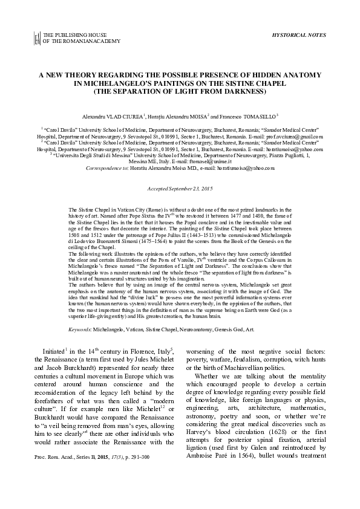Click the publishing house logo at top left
click(38, 38)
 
